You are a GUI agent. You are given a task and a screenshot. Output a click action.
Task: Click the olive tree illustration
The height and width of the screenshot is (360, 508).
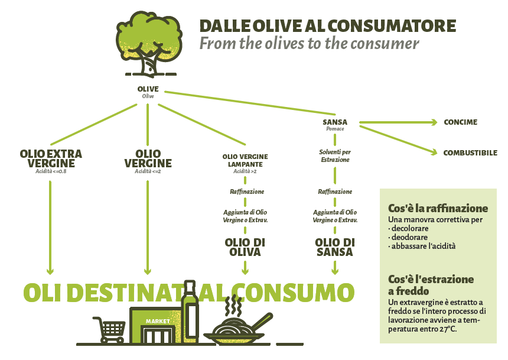tap(149, 44)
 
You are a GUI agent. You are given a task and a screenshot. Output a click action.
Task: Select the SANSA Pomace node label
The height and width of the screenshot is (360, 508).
tap(335, 125)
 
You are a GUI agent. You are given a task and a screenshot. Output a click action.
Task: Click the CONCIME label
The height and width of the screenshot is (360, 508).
tap(460, 122)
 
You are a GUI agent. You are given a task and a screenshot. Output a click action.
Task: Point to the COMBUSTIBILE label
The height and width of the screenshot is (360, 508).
tap(470, 153)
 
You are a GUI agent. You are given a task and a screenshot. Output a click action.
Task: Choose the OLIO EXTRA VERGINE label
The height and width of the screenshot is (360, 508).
tap(51, 158)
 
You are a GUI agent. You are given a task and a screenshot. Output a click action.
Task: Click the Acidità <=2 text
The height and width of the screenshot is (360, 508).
tap(148, 171)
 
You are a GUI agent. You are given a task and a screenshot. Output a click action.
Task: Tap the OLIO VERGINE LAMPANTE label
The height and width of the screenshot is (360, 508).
tap(245, 160)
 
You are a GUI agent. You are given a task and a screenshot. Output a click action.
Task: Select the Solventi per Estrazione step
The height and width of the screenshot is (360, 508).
tap(335, 155)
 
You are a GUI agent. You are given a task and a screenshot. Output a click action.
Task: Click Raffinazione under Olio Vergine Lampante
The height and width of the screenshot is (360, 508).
tap(247, 192)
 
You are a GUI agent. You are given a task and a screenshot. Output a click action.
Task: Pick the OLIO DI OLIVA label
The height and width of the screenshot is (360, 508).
tap(245, 247)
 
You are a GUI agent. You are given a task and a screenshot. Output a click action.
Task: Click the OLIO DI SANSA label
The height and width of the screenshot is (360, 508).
tap(335, 247)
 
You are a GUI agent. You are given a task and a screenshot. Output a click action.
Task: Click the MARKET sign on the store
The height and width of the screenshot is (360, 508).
tap(158, 321)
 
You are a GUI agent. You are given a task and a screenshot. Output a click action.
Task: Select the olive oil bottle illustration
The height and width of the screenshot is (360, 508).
tap(190, 312)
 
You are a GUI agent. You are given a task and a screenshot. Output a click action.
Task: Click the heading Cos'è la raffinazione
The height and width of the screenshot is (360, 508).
tap(438, 208)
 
